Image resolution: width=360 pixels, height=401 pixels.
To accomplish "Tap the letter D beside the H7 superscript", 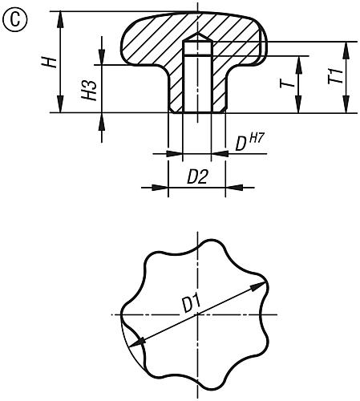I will point(240,144).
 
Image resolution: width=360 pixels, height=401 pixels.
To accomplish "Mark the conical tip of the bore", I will point(197,38).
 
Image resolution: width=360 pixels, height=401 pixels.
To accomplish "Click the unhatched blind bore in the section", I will point(197,80).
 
